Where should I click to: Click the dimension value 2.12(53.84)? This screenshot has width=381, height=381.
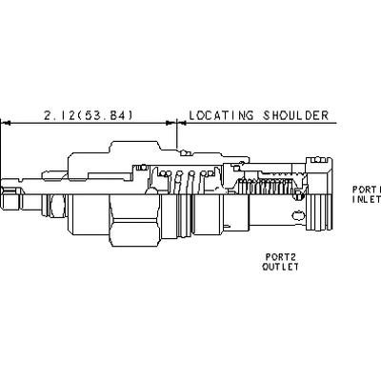(88, 115)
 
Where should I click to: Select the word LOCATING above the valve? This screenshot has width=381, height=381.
(221, 115)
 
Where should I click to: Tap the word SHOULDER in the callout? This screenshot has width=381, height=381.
(295, 115)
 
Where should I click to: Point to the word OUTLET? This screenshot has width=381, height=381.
(280, 267)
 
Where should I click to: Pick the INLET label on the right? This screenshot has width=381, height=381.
(367, 199)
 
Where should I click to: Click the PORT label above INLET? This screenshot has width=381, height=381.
(367, 190)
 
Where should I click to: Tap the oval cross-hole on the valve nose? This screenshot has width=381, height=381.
(298, 216)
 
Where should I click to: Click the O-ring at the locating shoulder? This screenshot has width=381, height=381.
(184, 153)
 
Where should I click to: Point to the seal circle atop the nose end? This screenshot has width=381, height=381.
(318, 160)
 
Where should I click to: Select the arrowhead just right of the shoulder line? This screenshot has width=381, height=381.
(181, 123)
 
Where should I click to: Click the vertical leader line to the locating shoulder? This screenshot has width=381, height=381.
(176, 134)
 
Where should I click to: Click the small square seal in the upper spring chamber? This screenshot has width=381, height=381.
(143, 167)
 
